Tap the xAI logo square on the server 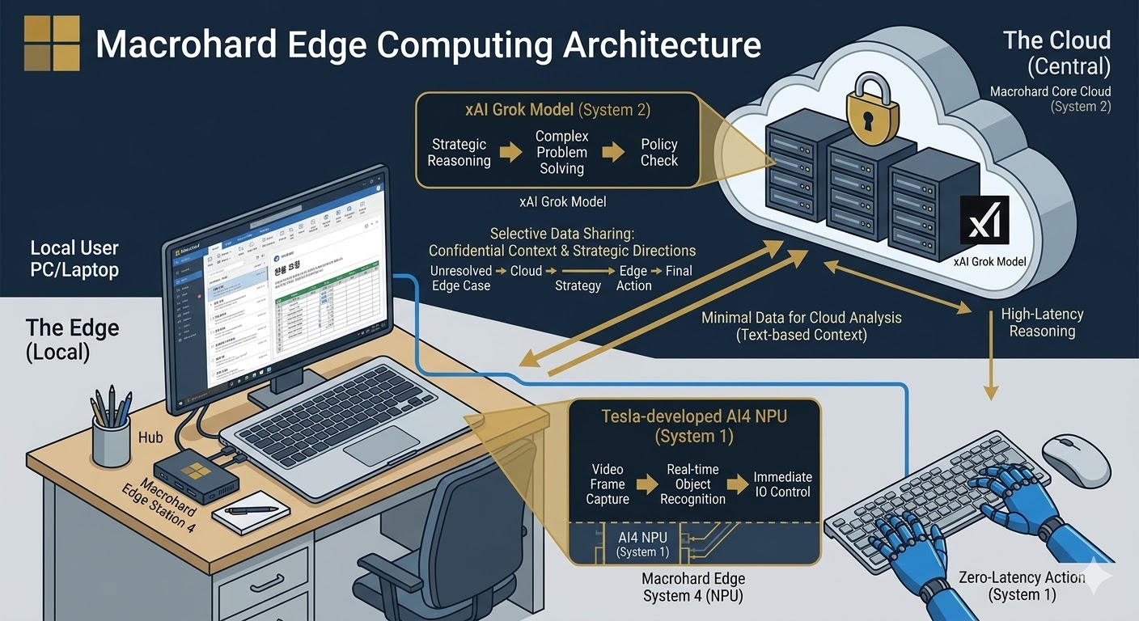[984, 220]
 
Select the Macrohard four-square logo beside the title [52, 43]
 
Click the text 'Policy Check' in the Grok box [659, 152]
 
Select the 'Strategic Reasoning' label [459, 152]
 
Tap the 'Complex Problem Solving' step [561, 152]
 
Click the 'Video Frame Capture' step [608, 484]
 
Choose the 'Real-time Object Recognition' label [692, 484]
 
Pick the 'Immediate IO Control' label [782, 484]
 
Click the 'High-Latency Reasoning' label [1042, 323]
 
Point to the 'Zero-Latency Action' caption [1021, 585]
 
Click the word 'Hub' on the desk [150, 437]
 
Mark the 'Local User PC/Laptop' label [74, 259]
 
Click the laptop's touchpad [382, 446]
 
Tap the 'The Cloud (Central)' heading [1056, 52]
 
